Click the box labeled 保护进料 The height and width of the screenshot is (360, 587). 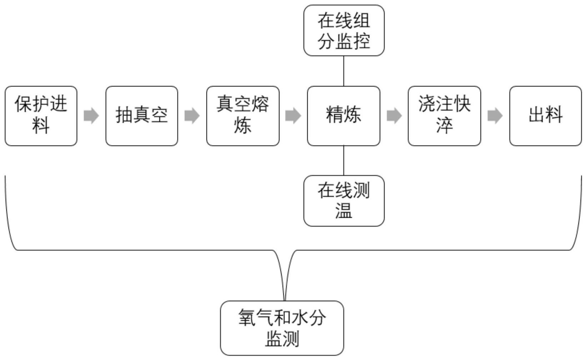pyautogui.click(x=41, y=116)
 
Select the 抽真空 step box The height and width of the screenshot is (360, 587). pyautogui.click(x=141, y=116)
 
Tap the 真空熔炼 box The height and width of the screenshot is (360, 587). pyautogui.click(x=243, y=116)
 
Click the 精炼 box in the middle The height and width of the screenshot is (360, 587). pyautogui.click(x=343, y=116)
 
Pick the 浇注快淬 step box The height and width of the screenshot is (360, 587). pyautogui.click(x=444, y=116)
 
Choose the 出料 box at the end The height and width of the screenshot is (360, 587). pyautogui.click(x=545, y=116)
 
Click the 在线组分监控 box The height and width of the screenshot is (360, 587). pyautogui.click(x=344, y=30)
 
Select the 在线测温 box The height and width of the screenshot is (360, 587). pyautogui.click(x=344, y=201)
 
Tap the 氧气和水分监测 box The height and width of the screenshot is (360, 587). pyautogui.click(x=282, y=328)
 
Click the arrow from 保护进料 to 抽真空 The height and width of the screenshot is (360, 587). pyautogui.click(x=91, y=115)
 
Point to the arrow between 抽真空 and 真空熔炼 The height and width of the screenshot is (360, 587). pyautogui.click(x=192, y=115)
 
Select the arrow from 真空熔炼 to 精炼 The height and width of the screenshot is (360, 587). pyautogui.click(x=293, y=115)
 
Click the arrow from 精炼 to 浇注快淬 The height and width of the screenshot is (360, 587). pyautogui.click(x=394, y=115)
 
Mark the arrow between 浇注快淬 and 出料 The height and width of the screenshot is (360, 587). pyautogui.click(x=495, y=115)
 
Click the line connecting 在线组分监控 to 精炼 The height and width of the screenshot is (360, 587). pyautogui.click(x=344, y=71)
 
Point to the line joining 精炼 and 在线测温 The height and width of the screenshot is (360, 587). pyautogui.click(x=344, y=160)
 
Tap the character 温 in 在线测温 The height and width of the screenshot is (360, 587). pyautogui.click(x=344, y=211)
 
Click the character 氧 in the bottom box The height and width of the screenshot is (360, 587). pyautogui.click(x=247, y=317)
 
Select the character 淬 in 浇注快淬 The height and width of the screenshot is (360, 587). pyautogui.click(x=444, y=126)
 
